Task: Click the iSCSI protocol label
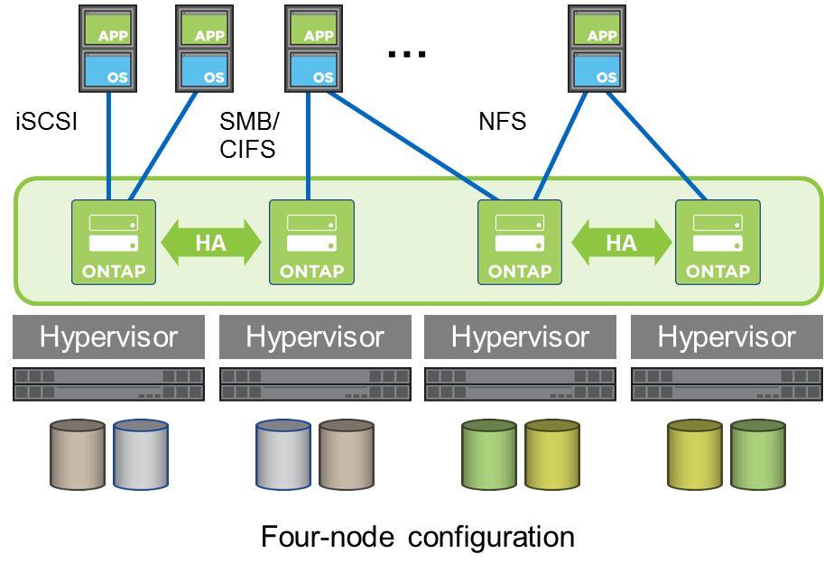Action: click(47, 121)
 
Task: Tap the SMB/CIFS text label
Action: click(250, 134)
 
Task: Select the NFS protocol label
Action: click(502, 121)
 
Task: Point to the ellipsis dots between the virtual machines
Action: click(406, 55)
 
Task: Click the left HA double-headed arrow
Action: click(211, 242)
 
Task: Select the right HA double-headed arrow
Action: click(621, 242)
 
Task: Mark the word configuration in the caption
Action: click(491, 537)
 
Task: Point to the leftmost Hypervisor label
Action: click(108, 337)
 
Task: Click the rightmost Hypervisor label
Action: click(727, 337)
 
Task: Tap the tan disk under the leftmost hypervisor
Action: click(78, 456)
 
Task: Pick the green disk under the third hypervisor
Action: click(488, 456)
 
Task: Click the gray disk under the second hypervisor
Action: click(283, 456)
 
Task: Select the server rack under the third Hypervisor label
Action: click(521, 383)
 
